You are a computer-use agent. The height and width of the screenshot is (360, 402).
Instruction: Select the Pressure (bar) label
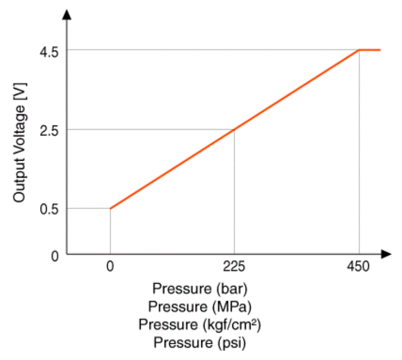(200, 289)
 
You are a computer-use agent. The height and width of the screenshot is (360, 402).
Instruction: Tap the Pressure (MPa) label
(200, 307)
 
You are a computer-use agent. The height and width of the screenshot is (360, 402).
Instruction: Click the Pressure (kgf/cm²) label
(200, 324)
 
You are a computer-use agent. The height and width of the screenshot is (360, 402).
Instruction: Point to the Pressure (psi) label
(200, 342)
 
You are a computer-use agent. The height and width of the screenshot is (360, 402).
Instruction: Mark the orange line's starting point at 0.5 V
(111, 208)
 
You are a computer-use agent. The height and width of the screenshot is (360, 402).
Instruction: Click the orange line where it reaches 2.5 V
(234, 130)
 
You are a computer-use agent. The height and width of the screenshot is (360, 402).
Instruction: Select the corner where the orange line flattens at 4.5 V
(359, 50)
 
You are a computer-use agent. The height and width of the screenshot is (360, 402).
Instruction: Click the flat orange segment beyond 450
(370, 50)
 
